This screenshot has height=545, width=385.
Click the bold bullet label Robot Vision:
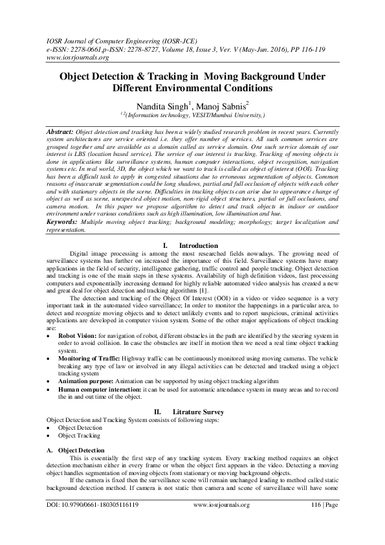point(77,337)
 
